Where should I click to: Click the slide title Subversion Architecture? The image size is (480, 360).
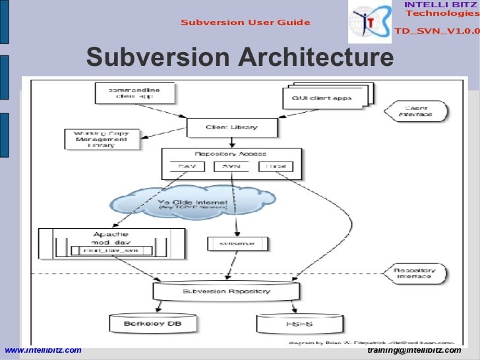(x=239, y=57)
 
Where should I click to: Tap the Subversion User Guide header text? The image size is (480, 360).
(x=245, y=23)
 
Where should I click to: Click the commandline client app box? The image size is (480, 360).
(x=135, y=93)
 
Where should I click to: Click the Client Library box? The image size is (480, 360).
(x=231, y=127)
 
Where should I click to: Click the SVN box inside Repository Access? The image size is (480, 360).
(x=230, y=167)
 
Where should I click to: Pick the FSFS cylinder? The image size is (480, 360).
(x=288, y=324)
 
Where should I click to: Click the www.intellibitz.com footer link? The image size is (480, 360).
(x=43, y=350)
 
